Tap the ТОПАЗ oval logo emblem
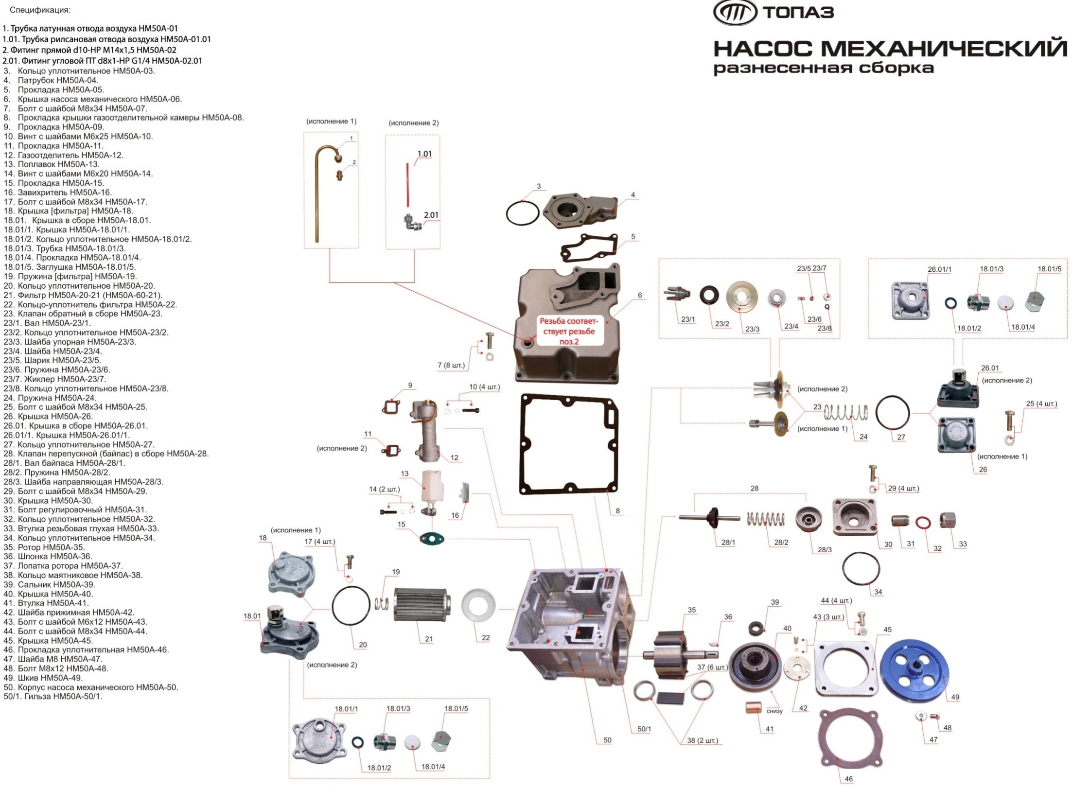(x=735, y=12)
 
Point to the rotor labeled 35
(x=666, y=654)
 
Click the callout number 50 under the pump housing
(x=607, y=740)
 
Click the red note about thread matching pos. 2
(x=568, y=331)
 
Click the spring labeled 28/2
(x=766, y=519)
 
